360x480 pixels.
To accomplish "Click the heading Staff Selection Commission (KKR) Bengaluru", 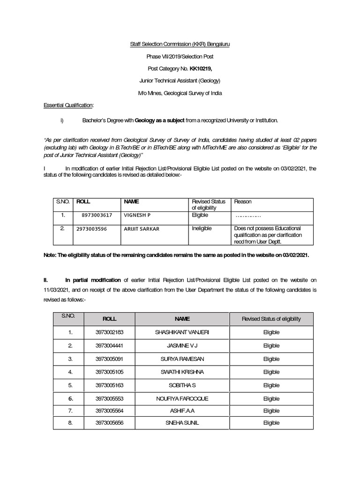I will (180, 44).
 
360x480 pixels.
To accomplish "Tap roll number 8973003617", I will (97, 216).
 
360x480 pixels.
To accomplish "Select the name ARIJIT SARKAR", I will (142, 229).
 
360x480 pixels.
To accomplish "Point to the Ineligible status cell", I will (202, 228).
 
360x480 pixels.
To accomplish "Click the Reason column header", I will (243, 202).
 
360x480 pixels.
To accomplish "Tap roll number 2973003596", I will (91, 229).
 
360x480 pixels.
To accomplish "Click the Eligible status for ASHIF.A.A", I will (271, 411).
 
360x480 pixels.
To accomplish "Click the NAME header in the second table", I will (182, 319).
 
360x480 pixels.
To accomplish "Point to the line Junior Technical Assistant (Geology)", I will (180, 81).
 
